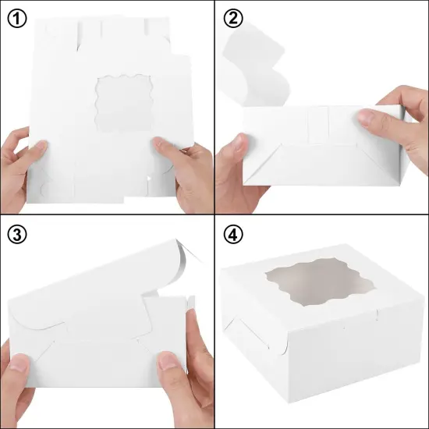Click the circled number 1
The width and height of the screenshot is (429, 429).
point(17,18)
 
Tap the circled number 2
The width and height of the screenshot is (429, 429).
point(232,18)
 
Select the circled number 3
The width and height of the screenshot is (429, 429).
point(17,233)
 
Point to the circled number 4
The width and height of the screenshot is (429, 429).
point(232,233)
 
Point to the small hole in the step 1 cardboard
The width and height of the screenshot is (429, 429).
point(147,181)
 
